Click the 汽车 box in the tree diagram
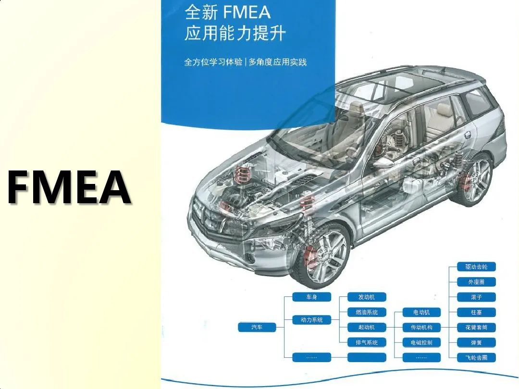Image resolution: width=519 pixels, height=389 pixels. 257,328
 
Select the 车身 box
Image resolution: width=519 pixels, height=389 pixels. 311,297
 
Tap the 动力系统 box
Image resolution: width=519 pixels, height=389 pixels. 311,320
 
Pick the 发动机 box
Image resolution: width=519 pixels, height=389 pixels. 366,297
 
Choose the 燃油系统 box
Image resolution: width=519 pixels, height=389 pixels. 366,313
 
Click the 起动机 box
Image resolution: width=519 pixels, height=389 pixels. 366,328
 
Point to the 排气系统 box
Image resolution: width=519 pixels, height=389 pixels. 366,342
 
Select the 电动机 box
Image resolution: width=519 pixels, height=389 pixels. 421,313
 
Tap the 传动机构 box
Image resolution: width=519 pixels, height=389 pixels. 421,328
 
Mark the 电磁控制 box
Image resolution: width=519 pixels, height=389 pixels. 421,342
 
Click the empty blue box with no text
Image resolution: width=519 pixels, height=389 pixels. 366,357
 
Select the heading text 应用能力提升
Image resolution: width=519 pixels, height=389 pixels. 235,34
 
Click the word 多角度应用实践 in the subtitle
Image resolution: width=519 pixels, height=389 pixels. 277,62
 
